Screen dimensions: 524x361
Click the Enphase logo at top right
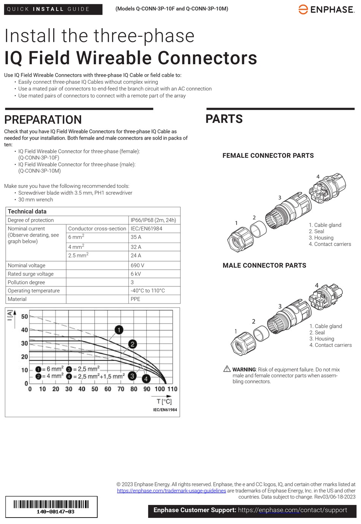(x=326, y=10)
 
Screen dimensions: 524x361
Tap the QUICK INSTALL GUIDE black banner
(x=53, y=9)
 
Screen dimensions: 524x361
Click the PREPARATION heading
(x=43, y=120)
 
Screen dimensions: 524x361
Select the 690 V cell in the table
(x=137, y=265)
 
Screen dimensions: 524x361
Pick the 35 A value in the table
(x=136, y=237)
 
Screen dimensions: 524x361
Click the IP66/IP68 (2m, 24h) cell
(x=153, y=220)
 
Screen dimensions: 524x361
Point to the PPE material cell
(x=135, y=299)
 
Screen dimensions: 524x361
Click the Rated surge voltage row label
(x=31, y=274)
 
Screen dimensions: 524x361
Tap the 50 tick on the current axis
(x=24, y=316)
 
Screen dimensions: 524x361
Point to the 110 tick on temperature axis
(x=172, y=389)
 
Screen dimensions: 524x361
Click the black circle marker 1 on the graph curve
(x=119, y=330)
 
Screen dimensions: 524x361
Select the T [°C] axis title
(x=164, y=401)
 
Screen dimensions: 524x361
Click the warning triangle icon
(x=227, y=369)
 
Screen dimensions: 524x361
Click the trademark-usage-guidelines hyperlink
(x=171, y=491)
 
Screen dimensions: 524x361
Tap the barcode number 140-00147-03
(x=55, y=512)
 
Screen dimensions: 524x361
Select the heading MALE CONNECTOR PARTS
(x=264, y=265)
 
